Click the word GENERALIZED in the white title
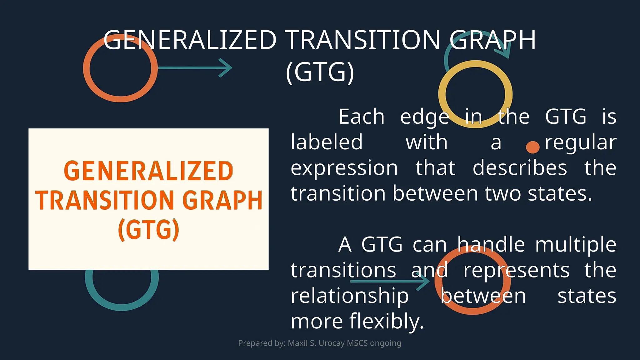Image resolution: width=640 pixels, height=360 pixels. [x=190, y=40]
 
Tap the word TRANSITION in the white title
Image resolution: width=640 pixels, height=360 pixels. [x=363, y=40]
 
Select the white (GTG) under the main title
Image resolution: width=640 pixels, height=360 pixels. [x=320, y=72]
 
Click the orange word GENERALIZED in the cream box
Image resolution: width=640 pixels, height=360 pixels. [x=148, y=171]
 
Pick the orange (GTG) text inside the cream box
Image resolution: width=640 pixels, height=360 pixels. [x=148, y=230]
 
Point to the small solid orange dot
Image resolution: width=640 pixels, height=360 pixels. [x=532, y=147]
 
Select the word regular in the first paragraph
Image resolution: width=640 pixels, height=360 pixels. [x=580, y=142]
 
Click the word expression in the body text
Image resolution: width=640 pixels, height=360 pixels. [x=344, y=168]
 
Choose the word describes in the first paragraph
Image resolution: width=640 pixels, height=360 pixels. [x=519, y=168]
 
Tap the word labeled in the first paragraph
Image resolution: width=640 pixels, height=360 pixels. [x=327, y=142]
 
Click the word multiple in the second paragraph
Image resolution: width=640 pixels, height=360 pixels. [x=576, y=244]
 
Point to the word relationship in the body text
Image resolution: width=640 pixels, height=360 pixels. [x=349, y=296]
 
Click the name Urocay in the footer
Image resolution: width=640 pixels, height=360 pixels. [x=330, y=343]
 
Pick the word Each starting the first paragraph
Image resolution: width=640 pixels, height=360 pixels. [x=362, y=117]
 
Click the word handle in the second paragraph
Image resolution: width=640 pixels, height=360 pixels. [x=491, y=244]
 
